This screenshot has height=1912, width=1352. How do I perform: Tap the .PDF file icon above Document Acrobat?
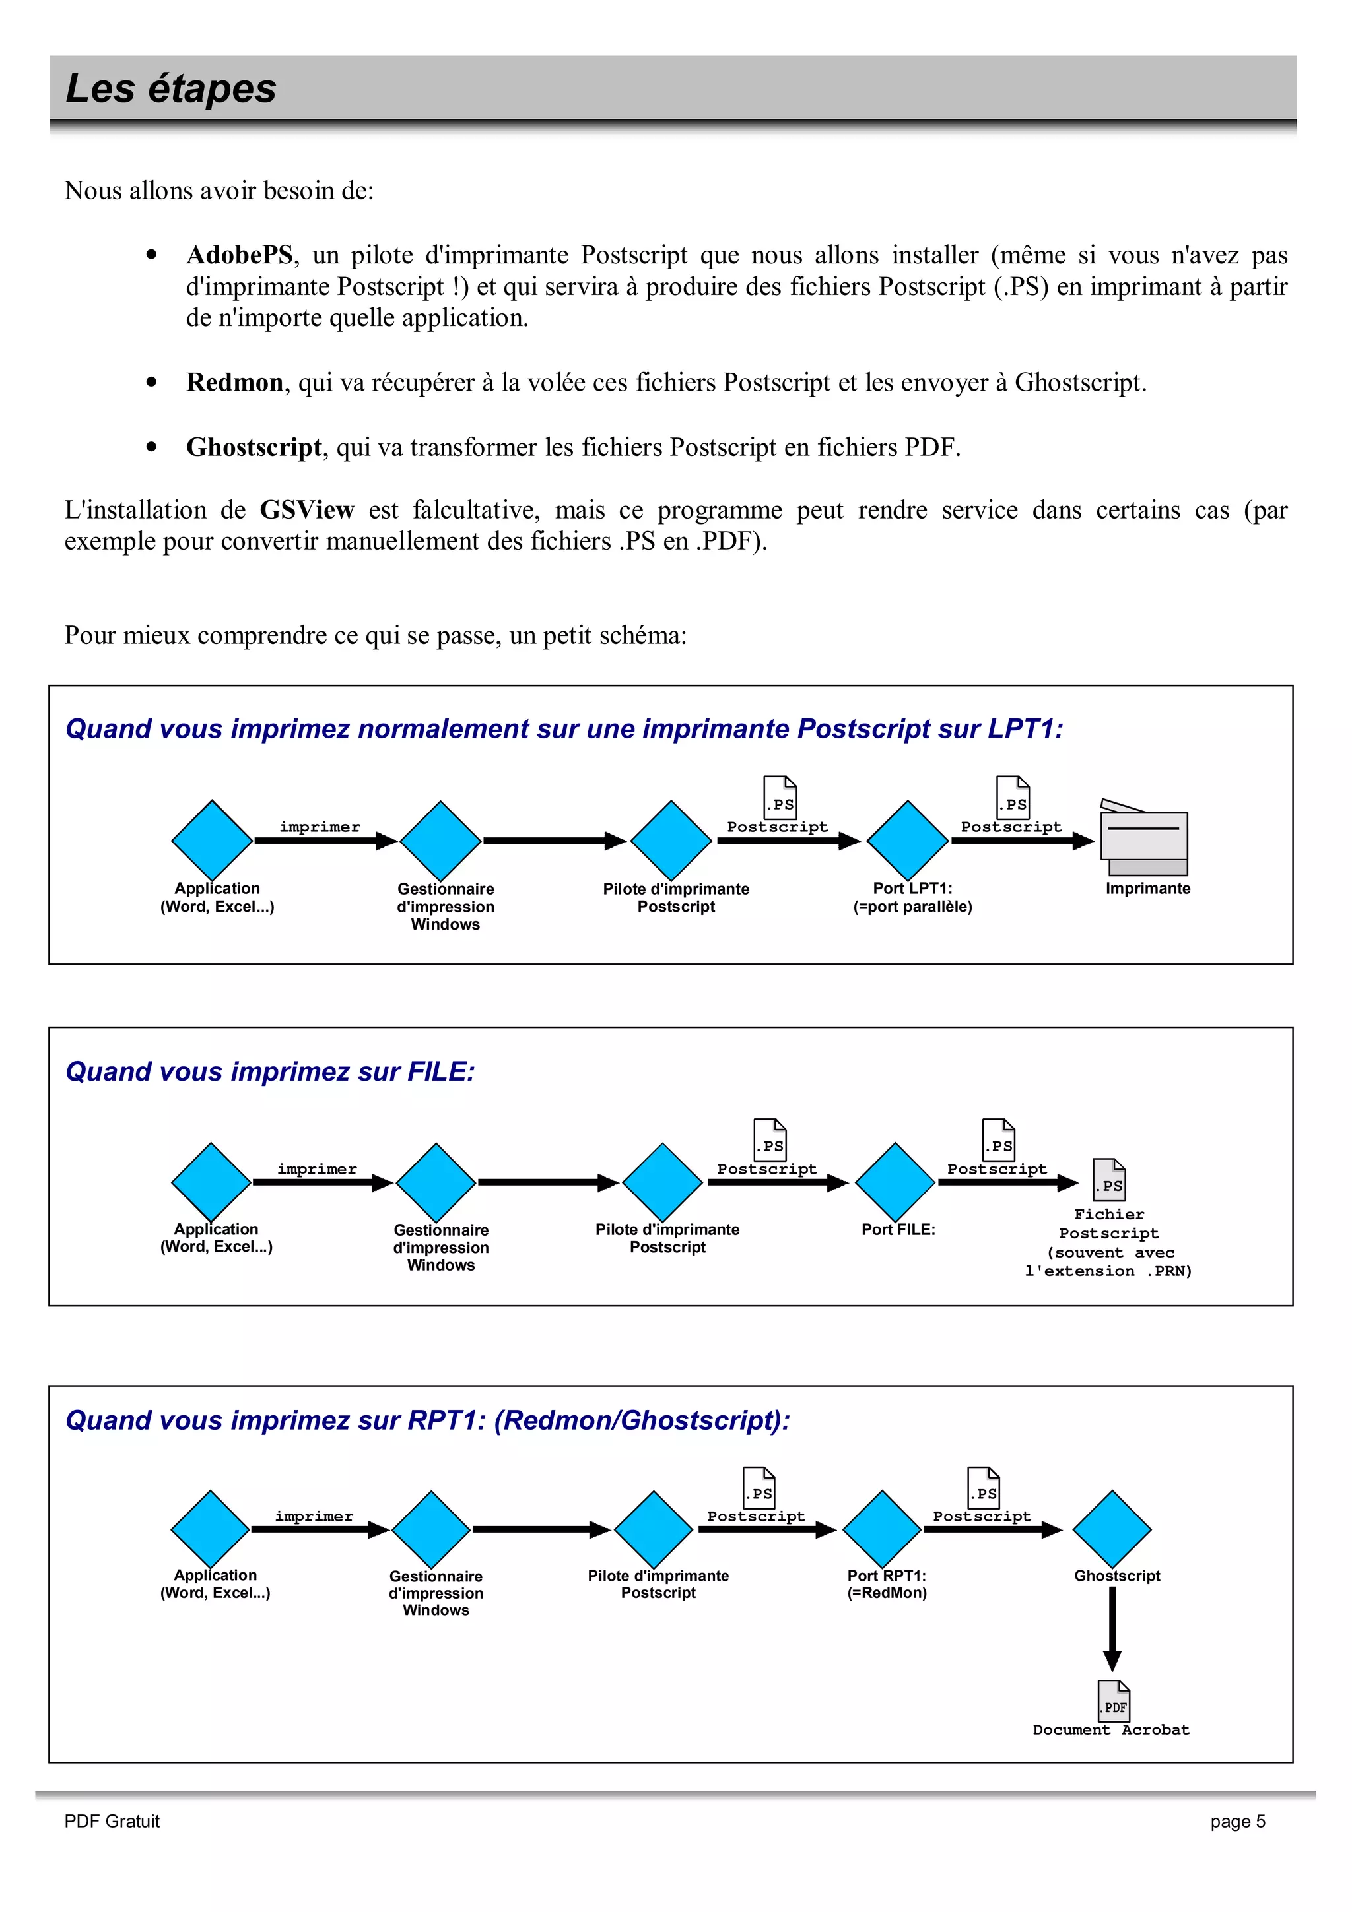(1113, 1700)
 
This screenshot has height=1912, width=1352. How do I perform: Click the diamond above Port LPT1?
(907, 839)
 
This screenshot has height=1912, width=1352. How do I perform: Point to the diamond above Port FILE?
(895, 1182)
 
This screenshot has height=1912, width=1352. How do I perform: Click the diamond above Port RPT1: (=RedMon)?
(881, 1529)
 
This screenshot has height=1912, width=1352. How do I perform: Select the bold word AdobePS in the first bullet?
(240, 255)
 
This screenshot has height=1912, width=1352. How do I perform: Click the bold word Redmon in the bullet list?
(235, 382)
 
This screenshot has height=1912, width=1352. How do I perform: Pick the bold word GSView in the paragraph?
(306, 509)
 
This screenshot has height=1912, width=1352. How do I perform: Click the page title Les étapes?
(171, 88)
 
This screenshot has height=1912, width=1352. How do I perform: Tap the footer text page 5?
(1237, 1821)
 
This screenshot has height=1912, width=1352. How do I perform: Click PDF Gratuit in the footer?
(112, 1821)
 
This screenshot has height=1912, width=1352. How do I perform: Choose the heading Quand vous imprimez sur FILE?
(270, 1071)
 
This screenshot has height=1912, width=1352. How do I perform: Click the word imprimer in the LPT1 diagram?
(320, 827)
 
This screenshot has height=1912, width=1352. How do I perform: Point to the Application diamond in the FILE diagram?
(211, 1182)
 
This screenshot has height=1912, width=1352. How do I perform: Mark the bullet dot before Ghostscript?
(151, 447)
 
